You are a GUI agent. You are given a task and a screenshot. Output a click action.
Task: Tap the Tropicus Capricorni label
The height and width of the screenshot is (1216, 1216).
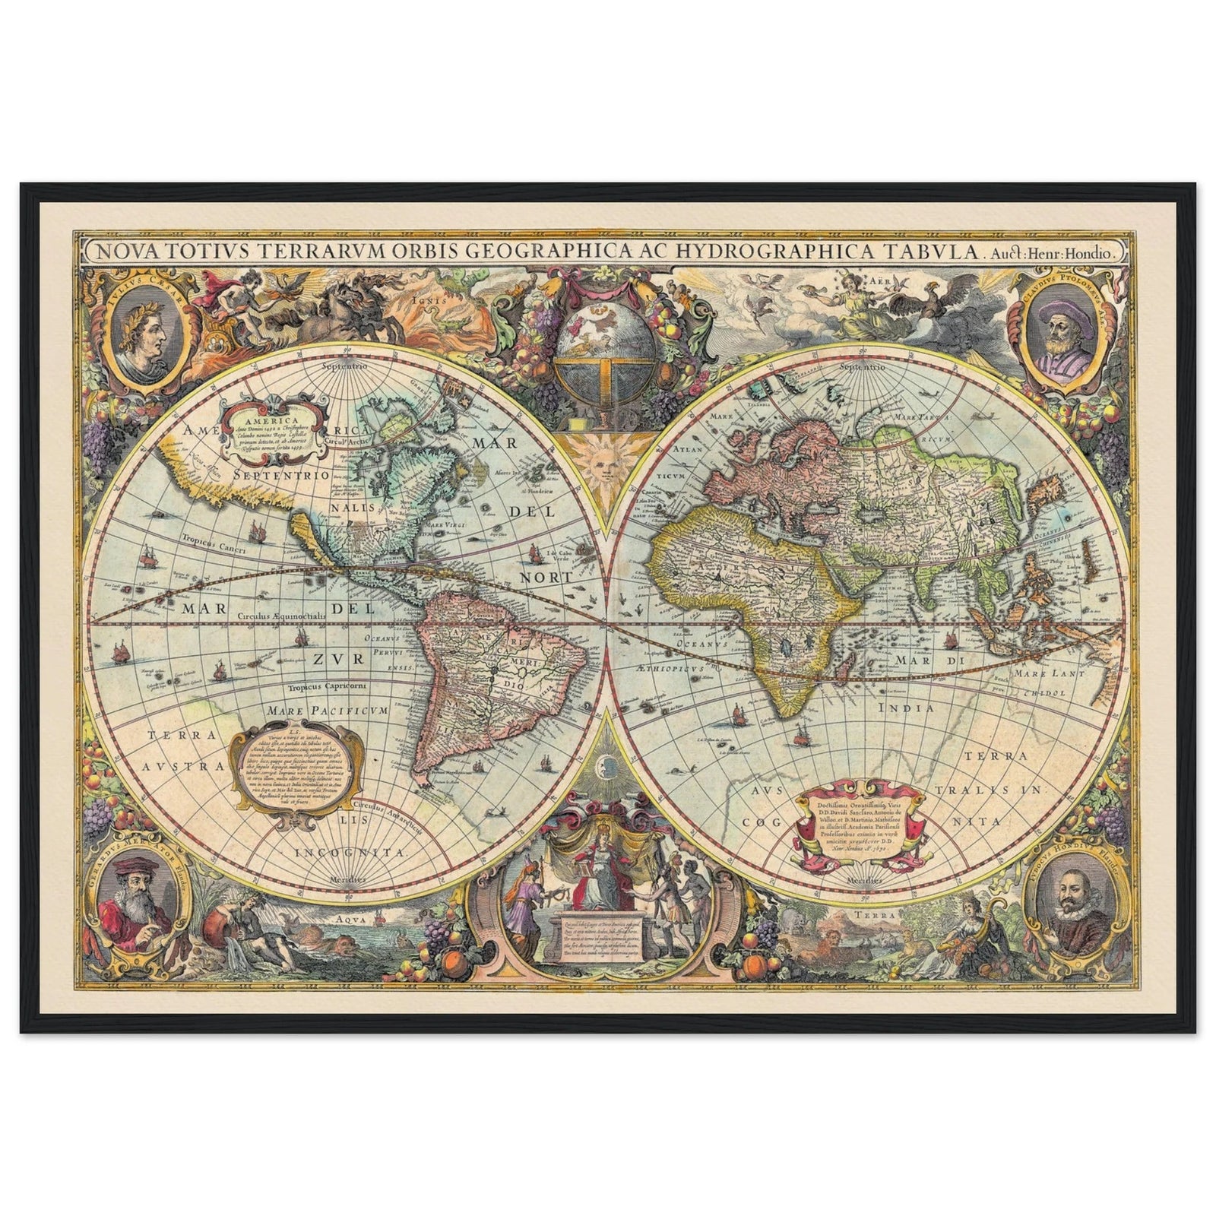328,687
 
